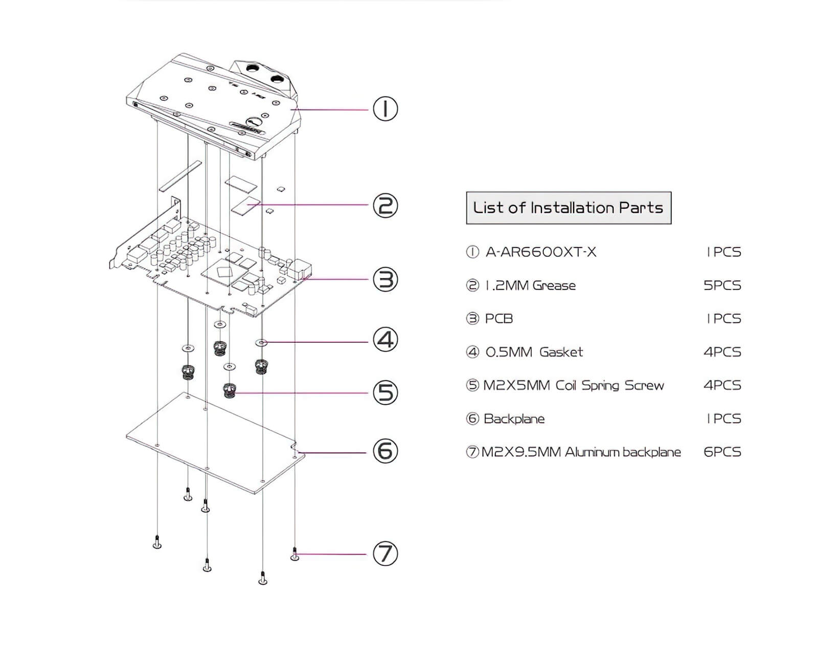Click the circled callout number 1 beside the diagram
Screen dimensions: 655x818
pyautogui.click(x=385, y=109)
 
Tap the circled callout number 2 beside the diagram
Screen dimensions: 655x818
pyautogui.click(x=385, y=206)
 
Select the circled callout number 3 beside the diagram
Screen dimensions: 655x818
pyautogui.click(x=385, y=279)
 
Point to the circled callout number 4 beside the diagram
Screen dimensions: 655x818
pyautogui.click(x=385, y=340)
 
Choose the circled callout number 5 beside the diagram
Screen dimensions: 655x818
pyautogui.click(x=385, y=393)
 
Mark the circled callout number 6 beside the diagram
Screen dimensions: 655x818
pyautogui.click(x=385, y=451)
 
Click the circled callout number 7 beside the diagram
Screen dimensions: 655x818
pyautogui.click(x=385, y=554)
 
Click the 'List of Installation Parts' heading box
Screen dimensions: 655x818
pyautogui.click(x=568, y=208)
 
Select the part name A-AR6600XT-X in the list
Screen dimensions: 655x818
pyautogui.click(x=541, y=252)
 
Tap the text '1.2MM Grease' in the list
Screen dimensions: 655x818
pyautogui.click(x=530, y=285)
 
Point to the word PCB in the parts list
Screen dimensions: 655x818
pyautogui.click(x=498, y=318)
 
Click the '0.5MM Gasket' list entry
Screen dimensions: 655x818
pyautogui.click(x=534, y=352)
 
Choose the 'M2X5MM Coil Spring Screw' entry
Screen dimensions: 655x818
pyautogui.click(x=573, y=385)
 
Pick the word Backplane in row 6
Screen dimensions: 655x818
pyautogui.click(x=514, y=419)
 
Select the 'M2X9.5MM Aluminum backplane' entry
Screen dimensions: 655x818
pyautogui.click(x=581, y=452)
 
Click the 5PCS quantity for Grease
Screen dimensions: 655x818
pyautogui.click(x=722, y=285)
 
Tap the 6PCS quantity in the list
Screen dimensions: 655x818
pyautogui.click(x=722, y=452)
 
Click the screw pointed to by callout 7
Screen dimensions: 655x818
pyautogui.click(x=295, y=554)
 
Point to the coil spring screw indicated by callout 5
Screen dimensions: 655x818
pyautogui.click(x=230, y=391)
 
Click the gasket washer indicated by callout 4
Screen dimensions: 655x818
pyautogui.click(x=262, y=342)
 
